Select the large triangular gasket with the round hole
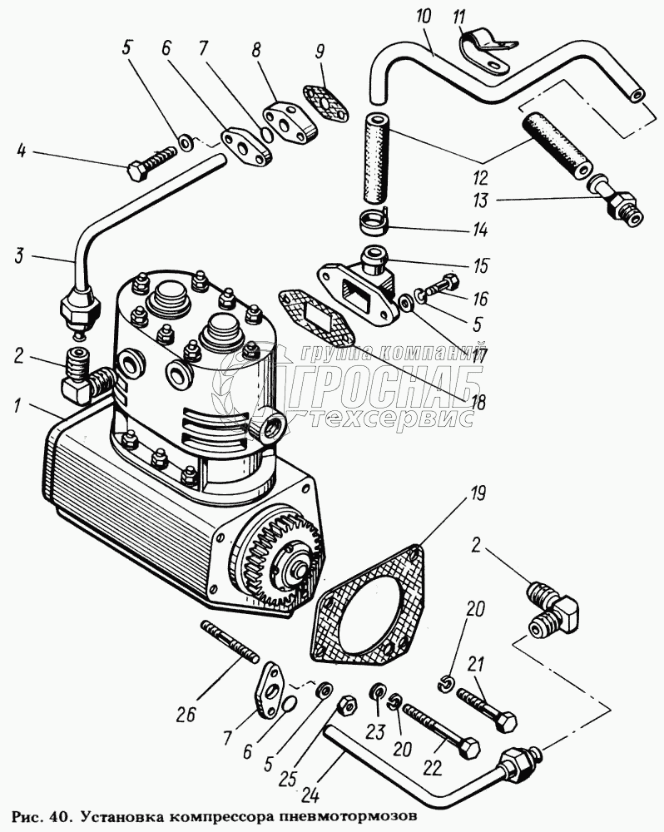click(365, 606)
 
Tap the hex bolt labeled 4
click(154, 162)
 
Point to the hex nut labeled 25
click(344, 708)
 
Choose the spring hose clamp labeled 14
click(377, 222)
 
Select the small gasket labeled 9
click(320, 100)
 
